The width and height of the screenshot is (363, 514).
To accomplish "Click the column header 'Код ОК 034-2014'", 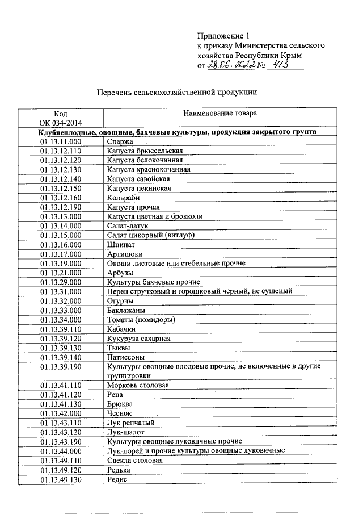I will pyautogui.click(x=61, y=118).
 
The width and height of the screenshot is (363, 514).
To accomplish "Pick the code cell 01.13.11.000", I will pyautogui.click(x=61, y=141).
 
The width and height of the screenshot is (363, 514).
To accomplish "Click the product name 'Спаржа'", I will pyautogui.click(x=119, y=141).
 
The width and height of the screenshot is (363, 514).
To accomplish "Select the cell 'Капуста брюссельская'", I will pyautogui.click(x=145, y=151).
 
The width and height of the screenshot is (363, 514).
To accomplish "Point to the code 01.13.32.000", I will pyautogui.click(x=61, y=301).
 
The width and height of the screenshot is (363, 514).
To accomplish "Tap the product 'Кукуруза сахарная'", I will pyautogui.click(x=138, y=339).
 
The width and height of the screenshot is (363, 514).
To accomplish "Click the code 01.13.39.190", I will pyautogui.click(x=61, y=367).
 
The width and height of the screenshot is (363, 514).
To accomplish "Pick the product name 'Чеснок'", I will pyautogui.click(x=119, y=413).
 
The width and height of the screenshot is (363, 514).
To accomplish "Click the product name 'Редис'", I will pyautogui.click(x=117, y=479).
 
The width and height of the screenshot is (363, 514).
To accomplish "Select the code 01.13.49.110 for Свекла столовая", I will pyautogui.click(x=61, y=461).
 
